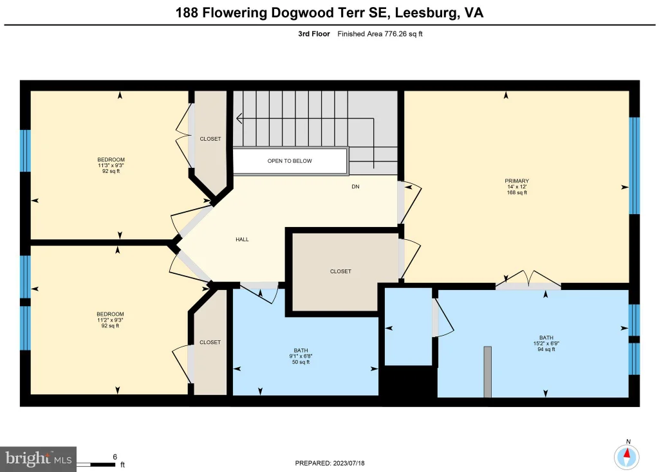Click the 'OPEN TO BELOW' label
pyautogui.click(x=290, y=161)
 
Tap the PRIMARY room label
pyautogui.click(x=517, y=181)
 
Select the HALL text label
pyautogui.click(x=242, y=239)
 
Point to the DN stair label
pyautogui.click(x=355, y=186)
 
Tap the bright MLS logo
pyautogui.click(x=38, y=459)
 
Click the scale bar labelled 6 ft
pyautogui.click(x=96, y=464)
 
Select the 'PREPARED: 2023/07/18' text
pyautogui.click(x=329, y=463)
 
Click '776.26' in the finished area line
pyautogui.click(x=396, y=34)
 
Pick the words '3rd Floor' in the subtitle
pyautogui.click(x=314, y=34)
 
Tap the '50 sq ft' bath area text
pyautogui.click(x=301, y=362)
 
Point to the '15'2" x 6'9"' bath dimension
pyautogui.click(x=546, y=343)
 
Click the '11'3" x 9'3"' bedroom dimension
pyautogui.click(x=111, y=165)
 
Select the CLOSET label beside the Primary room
pyautogui.click(x=340, y=271)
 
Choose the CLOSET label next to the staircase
pyautogui.click(x=210, y=139)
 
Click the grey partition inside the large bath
pyautogui.click(x=488, y=372)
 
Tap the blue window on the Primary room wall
pyautogui.click(x=634, y=166)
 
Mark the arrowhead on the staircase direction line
pyautogui.click(x=239, y=119)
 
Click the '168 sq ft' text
pyautogui.click(x=517, y=193)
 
